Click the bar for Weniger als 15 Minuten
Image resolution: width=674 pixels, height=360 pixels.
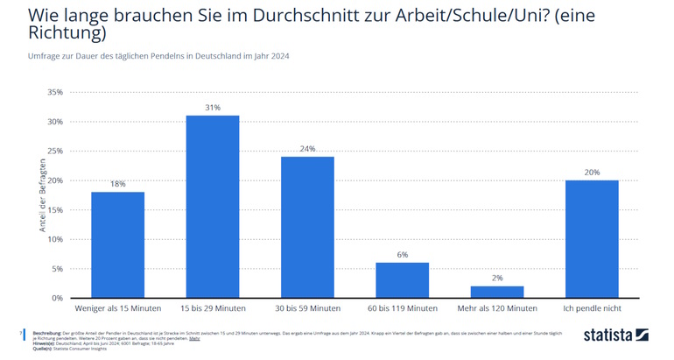[117, 244]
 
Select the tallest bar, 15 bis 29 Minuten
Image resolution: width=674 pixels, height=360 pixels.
[212, 207]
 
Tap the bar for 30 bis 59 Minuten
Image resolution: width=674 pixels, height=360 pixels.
[307, 227]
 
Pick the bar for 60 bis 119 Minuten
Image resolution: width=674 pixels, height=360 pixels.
[402, 280]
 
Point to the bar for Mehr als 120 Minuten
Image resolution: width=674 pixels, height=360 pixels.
[497, 292]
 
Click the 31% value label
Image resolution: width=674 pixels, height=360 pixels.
[212, 108]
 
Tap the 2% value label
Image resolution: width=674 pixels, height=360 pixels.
[497, 278]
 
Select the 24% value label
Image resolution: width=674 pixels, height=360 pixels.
[307, 149]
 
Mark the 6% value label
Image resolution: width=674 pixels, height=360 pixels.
[402, 254]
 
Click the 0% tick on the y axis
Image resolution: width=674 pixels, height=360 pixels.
[56, 298]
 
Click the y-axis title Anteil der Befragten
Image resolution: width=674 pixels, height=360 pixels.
[41, 194]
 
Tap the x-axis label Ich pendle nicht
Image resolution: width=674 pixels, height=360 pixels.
[592, 308]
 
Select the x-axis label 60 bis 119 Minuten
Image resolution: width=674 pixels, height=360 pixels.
[402, 308]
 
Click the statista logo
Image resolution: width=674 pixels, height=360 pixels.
[615, 335]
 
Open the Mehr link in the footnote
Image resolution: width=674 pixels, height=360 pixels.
[194, 337]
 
